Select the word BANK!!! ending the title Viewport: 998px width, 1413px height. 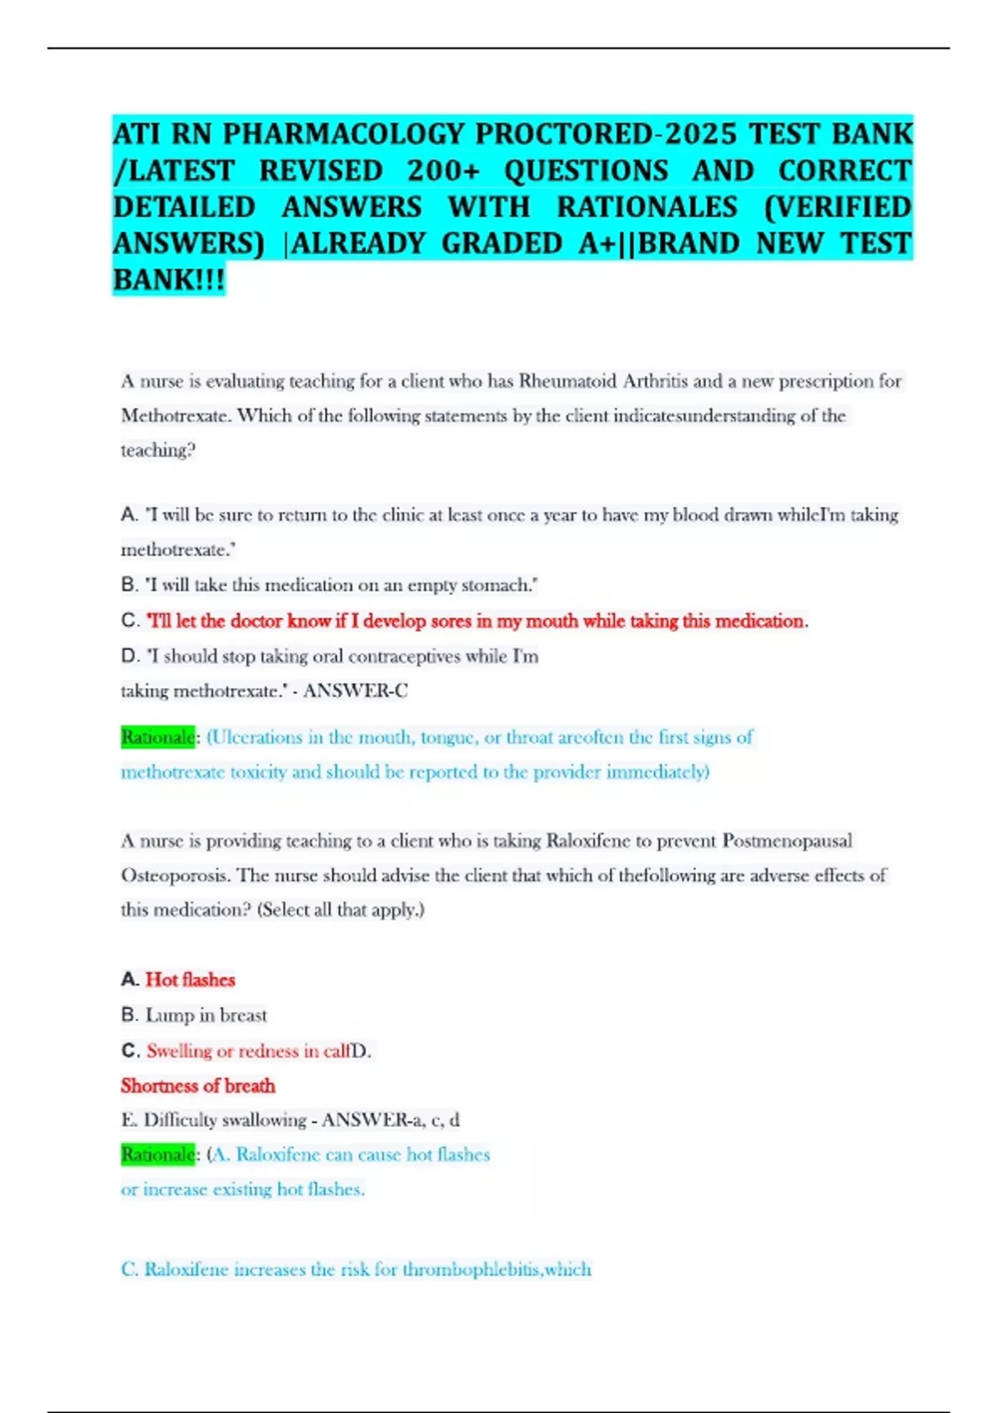[x=169, y=280]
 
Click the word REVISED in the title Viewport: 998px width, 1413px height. [x=320, y=170]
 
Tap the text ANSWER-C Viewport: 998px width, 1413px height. [x=355, y=691]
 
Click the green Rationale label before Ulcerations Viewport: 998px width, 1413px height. [x=157, y=737]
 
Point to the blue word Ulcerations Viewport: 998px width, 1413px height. [x=254, y=737]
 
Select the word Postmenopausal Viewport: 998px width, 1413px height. [x=787, y=841]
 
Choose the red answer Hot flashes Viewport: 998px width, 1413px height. [x=190, y=980]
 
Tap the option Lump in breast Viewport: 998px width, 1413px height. [x=205, y=1015]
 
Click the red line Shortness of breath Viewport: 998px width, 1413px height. [x=198, y=1086]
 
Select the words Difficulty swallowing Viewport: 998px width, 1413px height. [x=225, y=1120]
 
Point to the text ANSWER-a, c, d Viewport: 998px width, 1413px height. [x=390, y=1120]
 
